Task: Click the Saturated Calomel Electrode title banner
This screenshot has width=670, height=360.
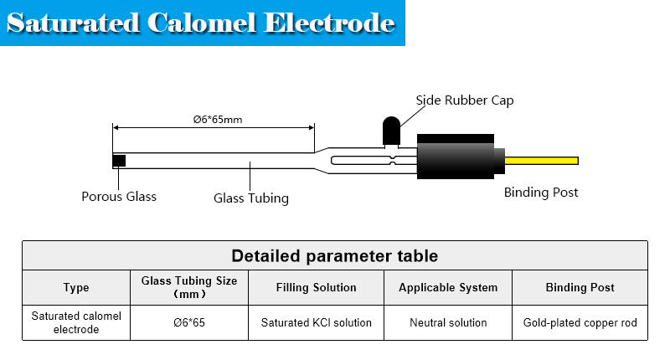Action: pos(201,23)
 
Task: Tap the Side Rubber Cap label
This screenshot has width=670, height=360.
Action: pos(465,100)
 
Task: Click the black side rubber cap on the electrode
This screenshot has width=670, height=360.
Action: pos(390,131)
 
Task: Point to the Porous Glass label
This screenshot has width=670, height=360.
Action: pos(119,197)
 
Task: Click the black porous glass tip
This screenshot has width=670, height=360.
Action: pos(119,160)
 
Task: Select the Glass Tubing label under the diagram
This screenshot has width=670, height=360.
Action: pos(251,198)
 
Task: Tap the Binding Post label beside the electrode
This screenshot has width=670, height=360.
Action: pos(541,193)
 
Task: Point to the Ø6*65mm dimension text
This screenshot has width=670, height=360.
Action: pos(217,119)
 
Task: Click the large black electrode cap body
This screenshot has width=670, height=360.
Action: pos(459,157)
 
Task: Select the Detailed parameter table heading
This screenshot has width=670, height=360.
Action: pos(334,255)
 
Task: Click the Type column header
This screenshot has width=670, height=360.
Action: pos(76,287)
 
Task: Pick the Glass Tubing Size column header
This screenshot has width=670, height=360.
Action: pos(189,287)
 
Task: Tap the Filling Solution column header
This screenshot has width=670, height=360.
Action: pos(317,287)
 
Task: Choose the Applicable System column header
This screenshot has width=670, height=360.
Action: pos(448,287)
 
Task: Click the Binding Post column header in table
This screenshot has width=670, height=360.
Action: pos(580,287)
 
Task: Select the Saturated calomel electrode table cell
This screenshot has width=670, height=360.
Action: pos(76,322)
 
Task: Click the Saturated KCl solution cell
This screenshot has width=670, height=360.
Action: pos(317,322)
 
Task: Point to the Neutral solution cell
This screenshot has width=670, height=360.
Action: pos(448,322)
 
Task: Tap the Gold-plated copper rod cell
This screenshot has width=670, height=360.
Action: pos(580,322)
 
